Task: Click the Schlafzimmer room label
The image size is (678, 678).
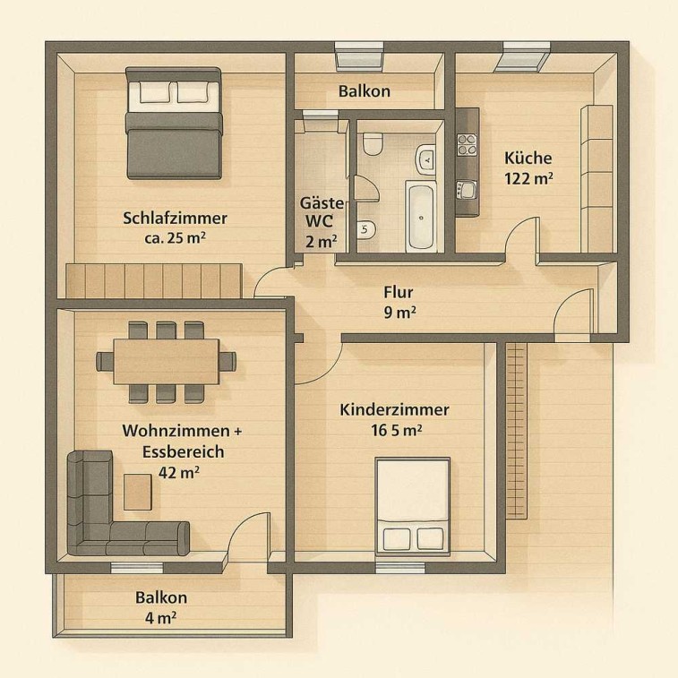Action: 175,218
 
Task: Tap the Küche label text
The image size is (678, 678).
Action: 528,158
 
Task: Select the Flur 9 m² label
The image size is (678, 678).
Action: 399,302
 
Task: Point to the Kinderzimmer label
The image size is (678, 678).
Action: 394,409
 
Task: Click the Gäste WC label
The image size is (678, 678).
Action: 321,212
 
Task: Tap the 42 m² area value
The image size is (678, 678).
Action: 178,472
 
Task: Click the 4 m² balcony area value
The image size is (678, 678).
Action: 160,617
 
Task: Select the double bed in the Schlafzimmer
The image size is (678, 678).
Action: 174,123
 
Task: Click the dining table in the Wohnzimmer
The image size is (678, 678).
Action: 166,362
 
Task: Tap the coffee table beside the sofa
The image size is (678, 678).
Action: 138,492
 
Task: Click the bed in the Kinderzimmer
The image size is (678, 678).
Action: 412,506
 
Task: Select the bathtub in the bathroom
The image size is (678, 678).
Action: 421,216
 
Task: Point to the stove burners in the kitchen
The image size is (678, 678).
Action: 467,145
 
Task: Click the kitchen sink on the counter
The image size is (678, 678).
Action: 467,190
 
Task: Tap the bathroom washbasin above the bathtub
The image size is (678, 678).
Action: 425,159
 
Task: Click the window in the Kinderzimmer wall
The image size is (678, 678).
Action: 400,568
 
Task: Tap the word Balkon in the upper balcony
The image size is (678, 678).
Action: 365,91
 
